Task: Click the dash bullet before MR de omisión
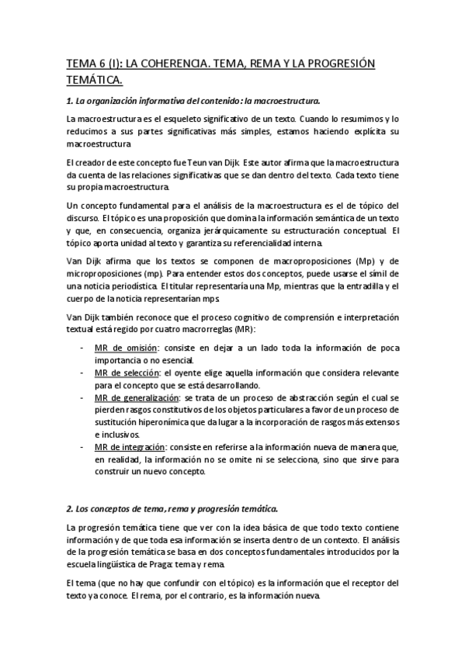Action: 84,346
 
